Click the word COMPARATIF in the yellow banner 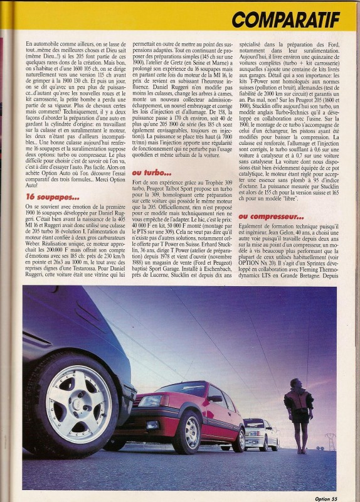point(285,19)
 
